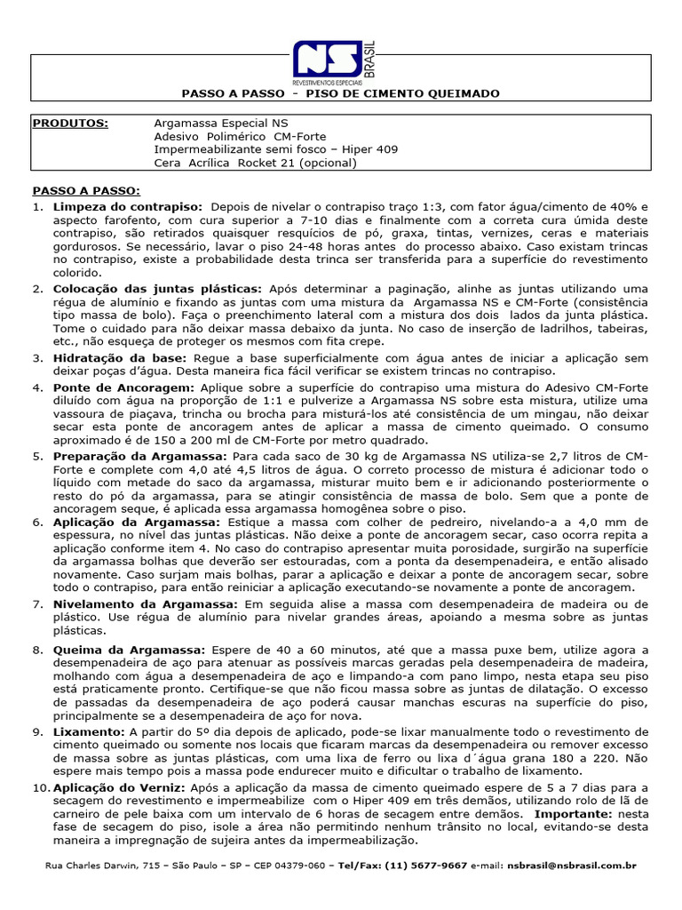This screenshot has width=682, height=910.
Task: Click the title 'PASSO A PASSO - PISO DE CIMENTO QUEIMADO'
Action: [x=340, y=93]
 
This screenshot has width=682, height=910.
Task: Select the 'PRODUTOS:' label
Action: [x=70, y=123]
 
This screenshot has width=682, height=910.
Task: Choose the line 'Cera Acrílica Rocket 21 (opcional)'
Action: [x=256, y=163]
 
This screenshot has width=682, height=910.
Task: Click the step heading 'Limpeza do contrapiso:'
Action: [x=128, y=205]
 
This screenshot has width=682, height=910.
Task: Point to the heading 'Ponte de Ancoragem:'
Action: [x=117, y=388]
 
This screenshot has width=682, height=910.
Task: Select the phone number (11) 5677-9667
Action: [x=427, y=865]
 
